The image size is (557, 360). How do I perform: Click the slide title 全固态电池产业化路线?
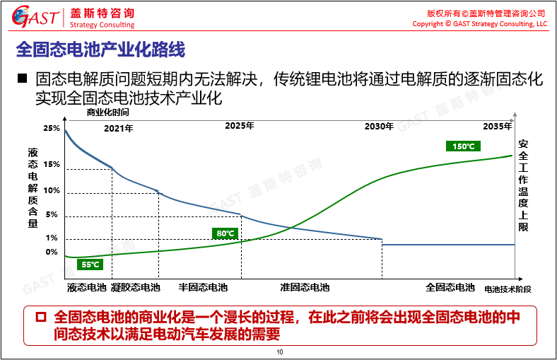click(100, 50)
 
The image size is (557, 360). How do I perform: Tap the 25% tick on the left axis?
click(52, 128)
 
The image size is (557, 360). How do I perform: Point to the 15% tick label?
click(52, 165)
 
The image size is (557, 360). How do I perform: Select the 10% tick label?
click(52, 190)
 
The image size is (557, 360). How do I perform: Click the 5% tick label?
click(52, 215)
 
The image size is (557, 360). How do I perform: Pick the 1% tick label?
click(52, 238)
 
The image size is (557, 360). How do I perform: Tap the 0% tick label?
click(52, 252)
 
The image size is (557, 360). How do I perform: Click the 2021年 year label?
click(118, 128)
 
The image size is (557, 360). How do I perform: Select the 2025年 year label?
click(240, 125)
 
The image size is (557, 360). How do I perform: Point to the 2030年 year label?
click(379, 126)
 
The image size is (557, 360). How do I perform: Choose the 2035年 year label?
click(497, 126)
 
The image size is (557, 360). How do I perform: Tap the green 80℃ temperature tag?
click(225, 233)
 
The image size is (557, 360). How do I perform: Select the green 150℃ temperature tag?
click(463, 146)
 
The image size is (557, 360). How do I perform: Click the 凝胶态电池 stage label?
click(136, 288)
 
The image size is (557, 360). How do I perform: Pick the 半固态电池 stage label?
click(203, 288)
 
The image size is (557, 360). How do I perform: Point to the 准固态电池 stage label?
click(305, 288)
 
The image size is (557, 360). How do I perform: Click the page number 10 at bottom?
click(280, 352)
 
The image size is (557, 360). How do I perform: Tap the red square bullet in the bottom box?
click(41, 316)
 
